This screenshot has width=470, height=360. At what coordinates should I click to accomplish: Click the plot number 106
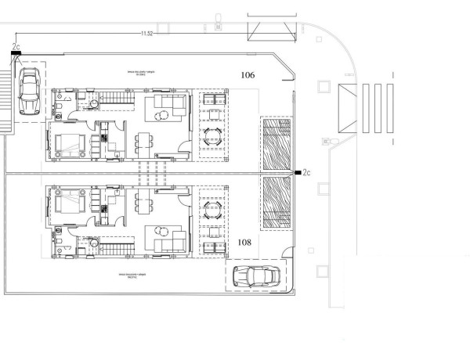[248, 76]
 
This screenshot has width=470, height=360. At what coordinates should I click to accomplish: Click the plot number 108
[244, 243]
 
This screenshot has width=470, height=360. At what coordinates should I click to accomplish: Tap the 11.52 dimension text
[146, 34]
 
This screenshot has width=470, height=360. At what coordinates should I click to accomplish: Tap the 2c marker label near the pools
[306, 172]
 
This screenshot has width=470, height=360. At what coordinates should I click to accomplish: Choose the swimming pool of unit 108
[277, 203]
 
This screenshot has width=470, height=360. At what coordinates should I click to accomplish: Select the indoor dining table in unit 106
[143, 143]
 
